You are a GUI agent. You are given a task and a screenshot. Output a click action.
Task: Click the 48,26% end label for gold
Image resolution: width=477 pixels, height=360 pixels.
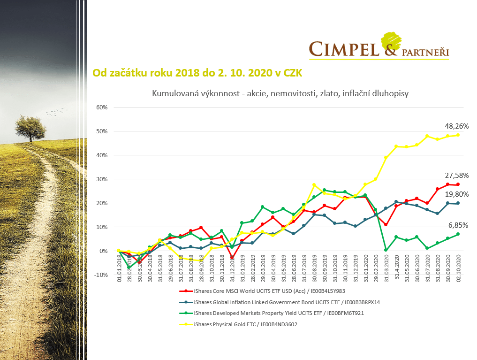click(457, 126)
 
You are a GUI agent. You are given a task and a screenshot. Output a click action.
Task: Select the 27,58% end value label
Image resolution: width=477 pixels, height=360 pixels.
click(457, 175)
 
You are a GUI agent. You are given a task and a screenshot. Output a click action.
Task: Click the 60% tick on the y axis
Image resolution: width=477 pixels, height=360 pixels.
click(102, 107)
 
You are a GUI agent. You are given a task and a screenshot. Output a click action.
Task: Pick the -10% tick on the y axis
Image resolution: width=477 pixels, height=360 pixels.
click(101, 275)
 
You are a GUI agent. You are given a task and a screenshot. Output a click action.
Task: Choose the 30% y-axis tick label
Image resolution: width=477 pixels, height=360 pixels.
click(102, 179)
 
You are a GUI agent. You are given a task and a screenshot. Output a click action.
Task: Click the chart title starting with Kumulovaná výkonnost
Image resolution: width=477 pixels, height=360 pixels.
click(280, 93)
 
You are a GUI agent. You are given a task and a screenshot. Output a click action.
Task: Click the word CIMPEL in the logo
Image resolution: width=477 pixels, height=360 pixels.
click(343, 48)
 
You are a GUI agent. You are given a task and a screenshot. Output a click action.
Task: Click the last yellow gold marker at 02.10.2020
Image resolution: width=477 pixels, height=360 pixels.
click(458, 135)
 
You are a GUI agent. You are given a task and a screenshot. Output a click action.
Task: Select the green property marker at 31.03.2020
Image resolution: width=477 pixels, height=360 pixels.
click(386, 250)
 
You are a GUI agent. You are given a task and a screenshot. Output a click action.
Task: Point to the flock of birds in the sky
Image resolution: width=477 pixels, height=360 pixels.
click(55, 112)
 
